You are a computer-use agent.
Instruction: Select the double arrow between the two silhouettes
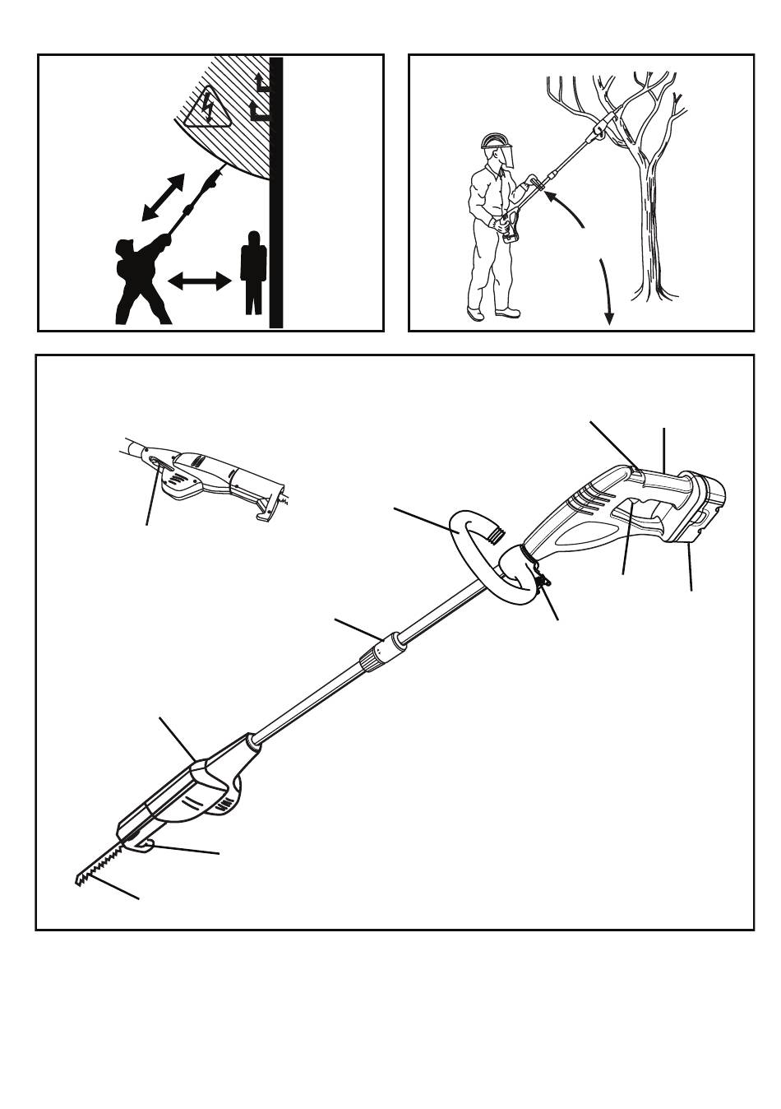point(200,282)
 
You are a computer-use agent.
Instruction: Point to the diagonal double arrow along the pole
point(162,197)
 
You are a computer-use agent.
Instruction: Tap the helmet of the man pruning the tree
point(492,141)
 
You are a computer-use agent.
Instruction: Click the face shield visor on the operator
point(507,155)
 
